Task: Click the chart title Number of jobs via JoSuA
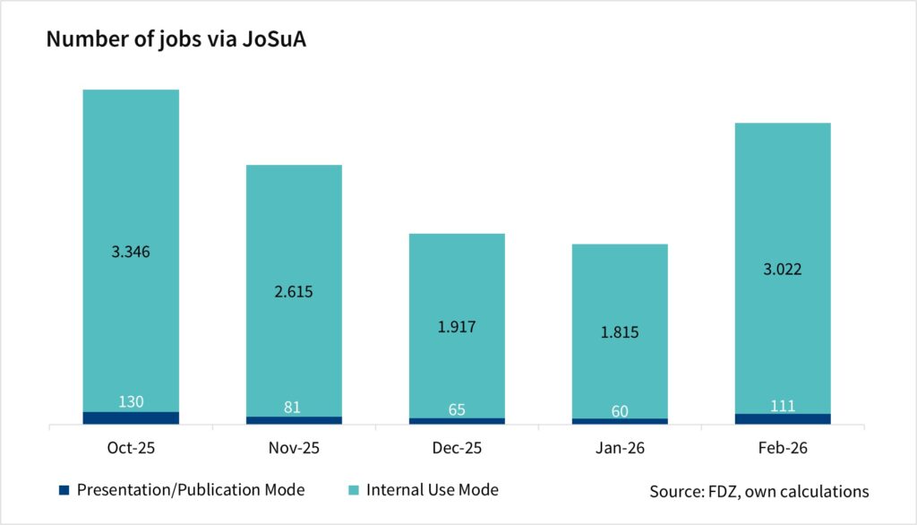[176, 41]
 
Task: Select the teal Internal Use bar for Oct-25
[131, 179]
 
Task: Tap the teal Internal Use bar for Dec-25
[457, 278]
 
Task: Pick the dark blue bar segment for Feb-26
[783, 418]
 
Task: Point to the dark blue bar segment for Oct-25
[131, 417]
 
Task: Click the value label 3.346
[131, 252]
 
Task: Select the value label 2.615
[294, 292]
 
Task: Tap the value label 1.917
[457, 327]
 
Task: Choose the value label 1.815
[620, 332]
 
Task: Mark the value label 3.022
[783, 270]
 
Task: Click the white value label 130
[131, 402]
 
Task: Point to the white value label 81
[294, 408]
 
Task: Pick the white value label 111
[783, 405]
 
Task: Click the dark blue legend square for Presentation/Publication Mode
[63, 490]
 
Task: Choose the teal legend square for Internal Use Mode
[353, 490]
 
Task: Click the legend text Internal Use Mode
[433, 490]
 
